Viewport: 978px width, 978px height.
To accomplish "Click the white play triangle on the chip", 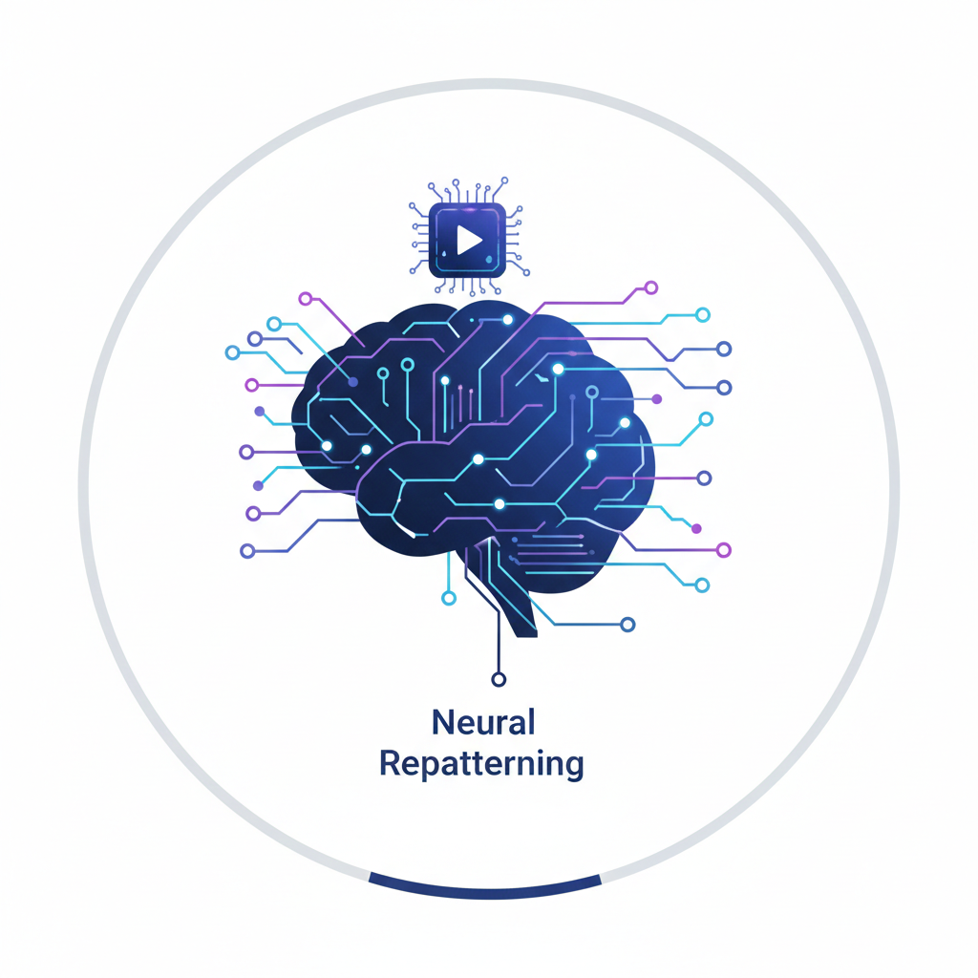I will [x=468, y=240].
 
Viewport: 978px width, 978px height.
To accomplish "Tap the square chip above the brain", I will [x=467, y=240].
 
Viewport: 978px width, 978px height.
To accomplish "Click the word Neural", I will [x=482, y=723].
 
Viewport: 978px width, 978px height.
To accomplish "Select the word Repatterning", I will [x=481, y=765].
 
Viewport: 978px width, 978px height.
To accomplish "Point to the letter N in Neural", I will [x=442, y=723].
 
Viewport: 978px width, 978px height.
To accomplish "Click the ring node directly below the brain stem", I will [x=497, y=679].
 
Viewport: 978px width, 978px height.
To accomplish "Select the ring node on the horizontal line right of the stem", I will [x=627, y=625].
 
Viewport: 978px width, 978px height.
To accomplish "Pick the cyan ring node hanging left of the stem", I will [x=449, y=598].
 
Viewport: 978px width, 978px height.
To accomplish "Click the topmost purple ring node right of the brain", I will [x=651, y=287].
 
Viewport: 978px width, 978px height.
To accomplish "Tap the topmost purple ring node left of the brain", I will [x=306, y=299].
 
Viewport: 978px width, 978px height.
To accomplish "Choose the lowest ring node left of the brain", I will [x=247, y=551].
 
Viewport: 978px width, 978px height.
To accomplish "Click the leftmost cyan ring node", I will [x=232, y=352].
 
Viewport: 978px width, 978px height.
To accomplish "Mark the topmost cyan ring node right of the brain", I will [x=703, y=314].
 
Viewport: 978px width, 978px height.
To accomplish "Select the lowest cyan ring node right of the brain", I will [x=703, y=585].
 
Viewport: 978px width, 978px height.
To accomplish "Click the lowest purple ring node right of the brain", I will [x=723, y=550].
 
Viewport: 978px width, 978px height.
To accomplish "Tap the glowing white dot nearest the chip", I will [x=507, y=319].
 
